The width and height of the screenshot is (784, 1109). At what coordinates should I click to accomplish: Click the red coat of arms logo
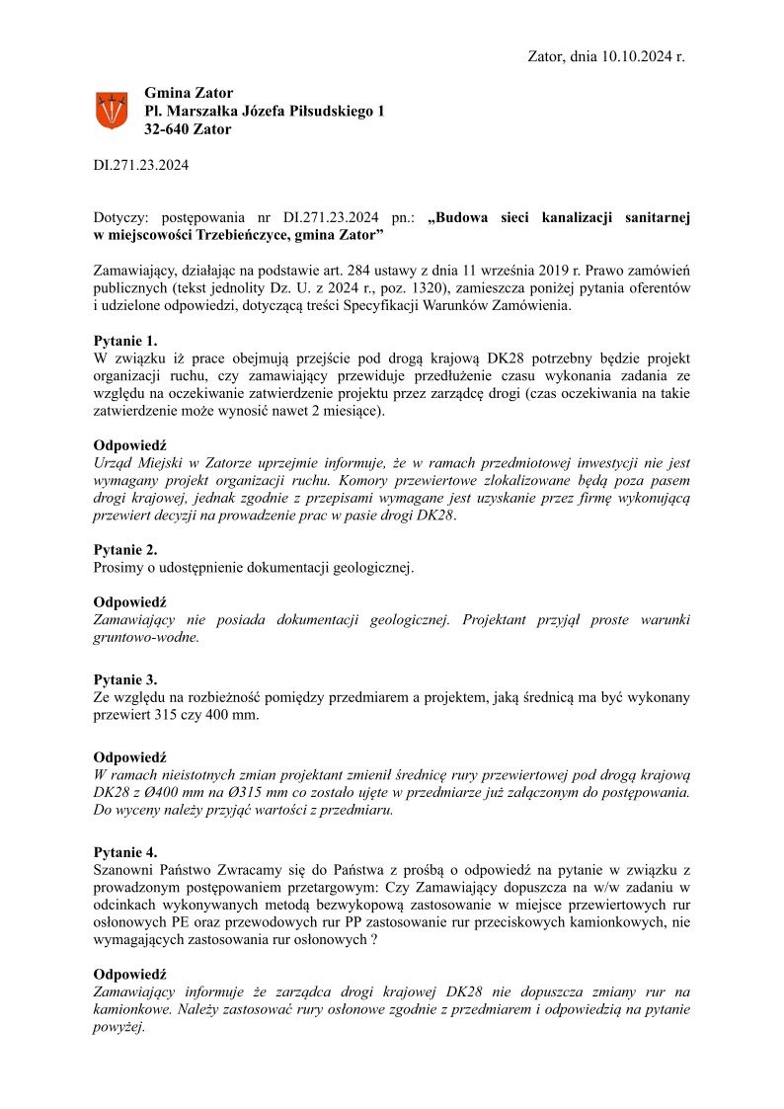[x=111, y=110]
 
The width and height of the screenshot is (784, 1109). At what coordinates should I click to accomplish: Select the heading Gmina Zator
[x=189, y=93]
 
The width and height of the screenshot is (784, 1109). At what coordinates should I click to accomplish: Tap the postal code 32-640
[x=166, y=129]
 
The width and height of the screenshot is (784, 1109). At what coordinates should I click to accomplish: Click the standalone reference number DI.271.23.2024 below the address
[x=140, y=165]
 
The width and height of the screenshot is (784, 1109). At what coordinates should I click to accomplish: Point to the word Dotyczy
[x=120, y=215]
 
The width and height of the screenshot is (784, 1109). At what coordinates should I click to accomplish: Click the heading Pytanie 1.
[x=125, y=341]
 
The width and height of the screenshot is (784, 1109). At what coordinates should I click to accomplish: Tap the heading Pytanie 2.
[x=125, y=550]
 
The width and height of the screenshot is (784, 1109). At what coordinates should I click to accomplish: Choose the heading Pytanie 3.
[x=125, y=679]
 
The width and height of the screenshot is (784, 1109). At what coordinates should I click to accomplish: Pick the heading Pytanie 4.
[x=125, y=851]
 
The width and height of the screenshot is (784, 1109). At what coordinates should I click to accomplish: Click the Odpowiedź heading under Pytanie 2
[x=129, y=601]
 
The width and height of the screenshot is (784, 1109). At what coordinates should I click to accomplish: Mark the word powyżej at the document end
[x=119, y=1027]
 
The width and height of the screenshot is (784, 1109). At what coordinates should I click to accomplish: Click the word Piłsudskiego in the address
[x=323, y=112]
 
